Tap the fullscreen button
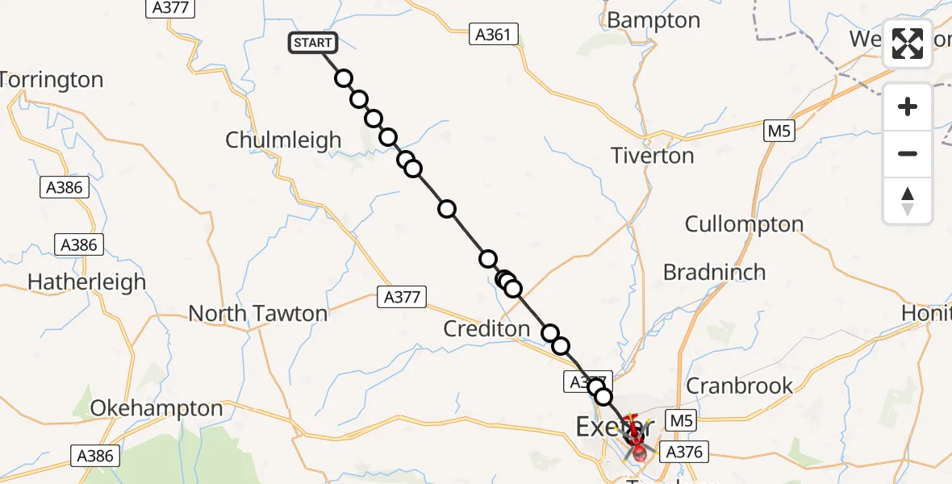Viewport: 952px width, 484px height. pyautogui.click(x=908, y=44)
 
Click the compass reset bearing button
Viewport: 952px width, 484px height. pyautogui.click(x=908, y=202)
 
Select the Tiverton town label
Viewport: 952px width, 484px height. pyautogui.click(x=653, y=155)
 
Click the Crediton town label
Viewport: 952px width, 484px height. pyautogui.click(x=486, y=328)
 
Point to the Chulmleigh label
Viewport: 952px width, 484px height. pyautogui.click(x=283, y=140)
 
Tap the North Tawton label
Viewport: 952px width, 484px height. pyautogui.click(x=258, y=313)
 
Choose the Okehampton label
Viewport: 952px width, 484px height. pyautogui.click(x=157, y=408)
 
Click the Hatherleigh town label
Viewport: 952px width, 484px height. pyautogui.click(x=87, y=282)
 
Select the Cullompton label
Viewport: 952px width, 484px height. pyautogui.click(x=744, y=223)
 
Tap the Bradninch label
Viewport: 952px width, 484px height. pyautogui.click(x=714, y=272)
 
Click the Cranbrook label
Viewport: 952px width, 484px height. pyautogui.click(x=739, y=385)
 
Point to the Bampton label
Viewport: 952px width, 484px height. pyautogui.click(x=653, y=20)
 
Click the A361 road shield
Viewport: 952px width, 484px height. pyautogui.click(x=494, y=34)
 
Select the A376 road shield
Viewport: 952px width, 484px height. pyautogui.click(x=683, y=453)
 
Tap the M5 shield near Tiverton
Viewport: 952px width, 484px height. pyautogui.click(x=779, y=130)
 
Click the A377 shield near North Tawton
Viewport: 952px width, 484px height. pyautogui.click(x=402, y=297)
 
